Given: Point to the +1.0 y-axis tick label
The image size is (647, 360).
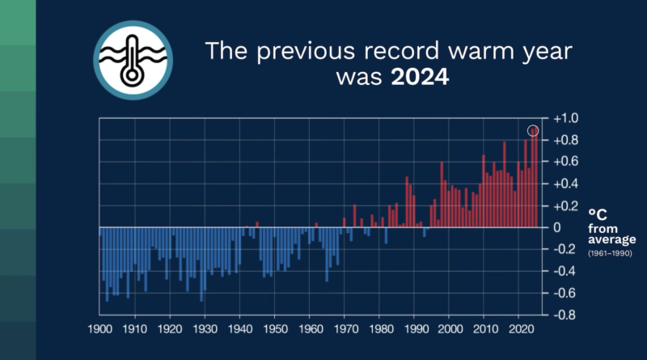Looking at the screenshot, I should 566,118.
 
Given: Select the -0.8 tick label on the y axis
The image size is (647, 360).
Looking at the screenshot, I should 566,315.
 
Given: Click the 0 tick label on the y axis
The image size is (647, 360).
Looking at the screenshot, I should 557,227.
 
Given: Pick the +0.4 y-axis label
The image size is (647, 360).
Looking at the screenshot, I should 566,184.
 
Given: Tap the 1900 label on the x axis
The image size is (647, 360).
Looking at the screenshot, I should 99,330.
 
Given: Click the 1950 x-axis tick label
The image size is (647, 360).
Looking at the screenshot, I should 274,330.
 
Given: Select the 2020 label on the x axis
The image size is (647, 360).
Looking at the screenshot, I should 518,330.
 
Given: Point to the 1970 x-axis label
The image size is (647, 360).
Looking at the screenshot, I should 345,330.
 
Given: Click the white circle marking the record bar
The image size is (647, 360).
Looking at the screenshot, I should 534,130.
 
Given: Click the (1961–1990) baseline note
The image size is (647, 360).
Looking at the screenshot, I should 610,253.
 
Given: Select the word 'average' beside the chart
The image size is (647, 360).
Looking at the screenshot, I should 611,239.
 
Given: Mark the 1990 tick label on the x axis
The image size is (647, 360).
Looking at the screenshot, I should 414,330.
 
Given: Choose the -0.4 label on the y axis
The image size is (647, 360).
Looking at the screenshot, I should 566,271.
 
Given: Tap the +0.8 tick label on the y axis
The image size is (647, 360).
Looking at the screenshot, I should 566,140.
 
